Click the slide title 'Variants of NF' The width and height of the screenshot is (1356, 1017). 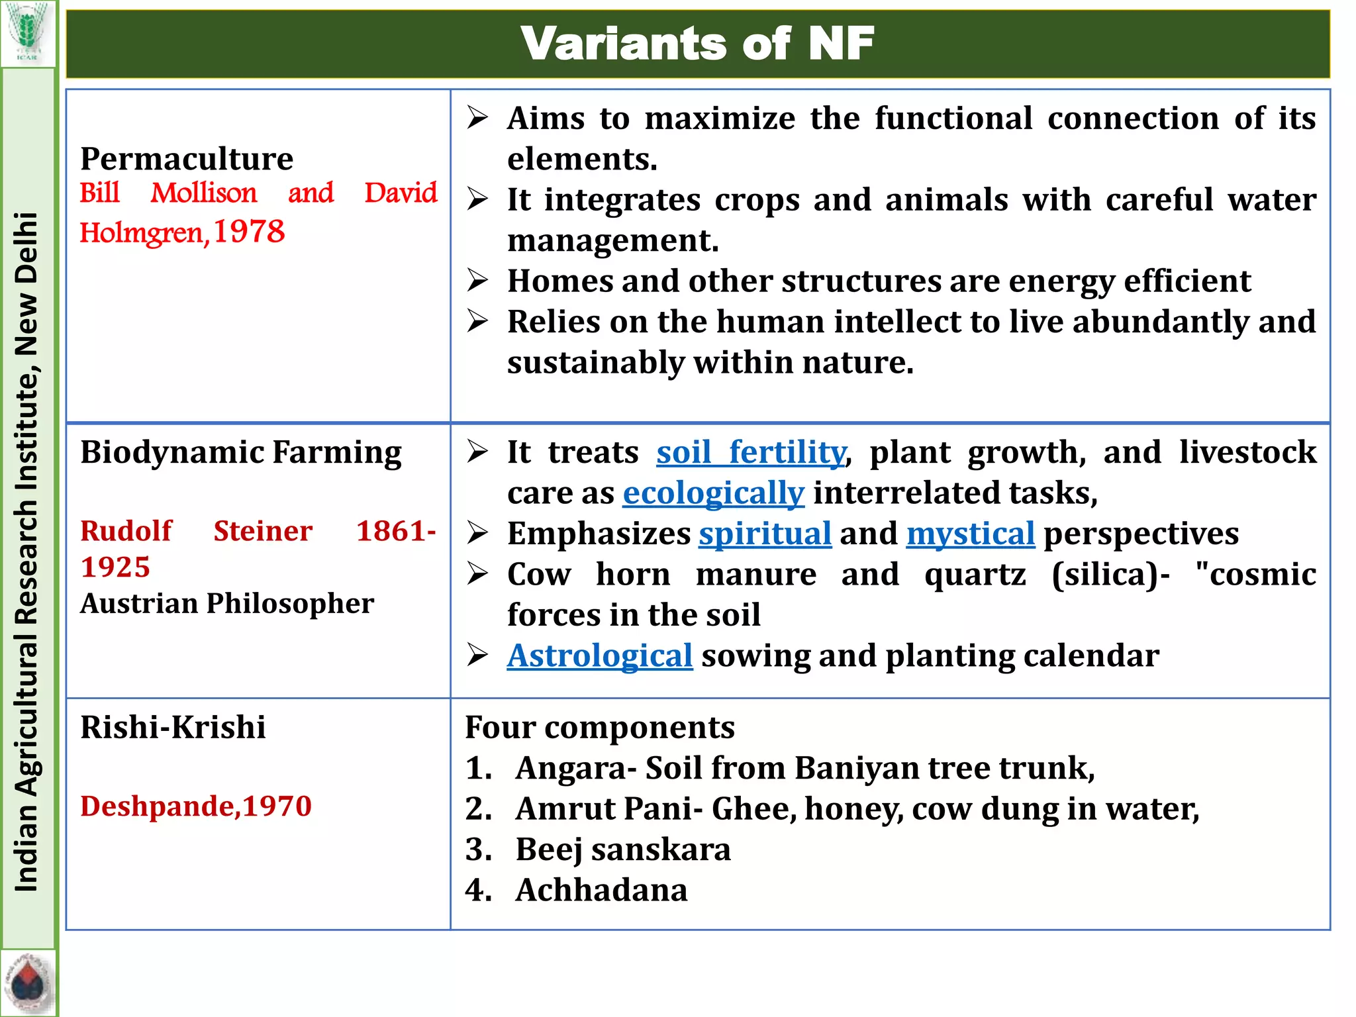697,44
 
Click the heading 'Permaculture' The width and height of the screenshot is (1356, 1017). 187,159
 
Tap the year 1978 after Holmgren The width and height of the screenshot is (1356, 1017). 249,232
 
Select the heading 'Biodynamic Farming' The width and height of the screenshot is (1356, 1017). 241,453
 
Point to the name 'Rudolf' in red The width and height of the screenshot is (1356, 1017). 126,531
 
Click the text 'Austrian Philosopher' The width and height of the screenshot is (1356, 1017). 227,603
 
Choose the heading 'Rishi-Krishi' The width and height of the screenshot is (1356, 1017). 173,727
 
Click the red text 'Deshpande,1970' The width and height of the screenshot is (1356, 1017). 196,806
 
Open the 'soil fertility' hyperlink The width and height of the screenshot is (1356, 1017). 751,453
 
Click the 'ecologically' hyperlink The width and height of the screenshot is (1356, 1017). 713,493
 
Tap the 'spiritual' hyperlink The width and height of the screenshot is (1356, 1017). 765,534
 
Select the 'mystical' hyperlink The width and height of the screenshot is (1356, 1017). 970,534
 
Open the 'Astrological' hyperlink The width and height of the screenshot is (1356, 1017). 600,656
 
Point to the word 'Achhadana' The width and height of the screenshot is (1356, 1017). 601,890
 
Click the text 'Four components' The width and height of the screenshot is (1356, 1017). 600,727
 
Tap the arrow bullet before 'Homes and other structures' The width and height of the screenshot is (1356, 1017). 477,281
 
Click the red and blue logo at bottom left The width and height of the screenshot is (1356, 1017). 27,983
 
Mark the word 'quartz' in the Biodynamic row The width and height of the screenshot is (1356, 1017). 975,574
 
